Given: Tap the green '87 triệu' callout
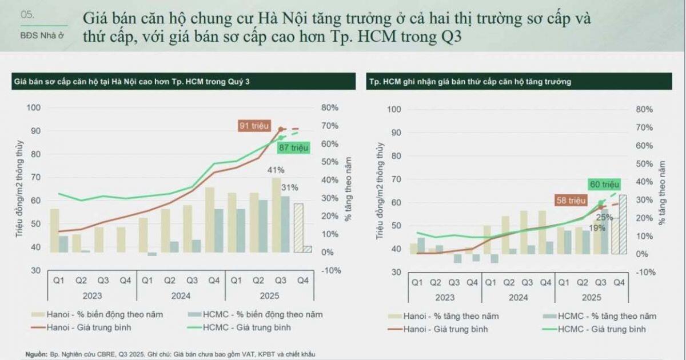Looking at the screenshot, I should coord(293,148).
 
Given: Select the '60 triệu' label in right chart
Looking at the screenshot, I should coord(604,185).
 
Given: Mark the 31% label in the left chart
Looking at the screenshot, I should coord(289,187).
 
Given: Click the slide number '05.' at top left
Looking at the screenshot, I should coord(27,15).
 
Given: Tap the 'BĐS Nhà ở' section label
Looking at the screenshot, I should coord(41,34).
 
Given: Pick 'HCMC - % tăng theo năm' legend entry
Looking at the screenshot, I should coord(607,316).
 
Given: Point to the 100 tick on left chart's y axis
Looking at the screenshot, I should coord(33,107).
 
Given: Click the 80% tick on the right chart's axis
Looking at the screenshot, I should coord(644,109).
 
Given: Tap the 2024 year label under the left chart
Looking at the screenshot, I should coord(180,296).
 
